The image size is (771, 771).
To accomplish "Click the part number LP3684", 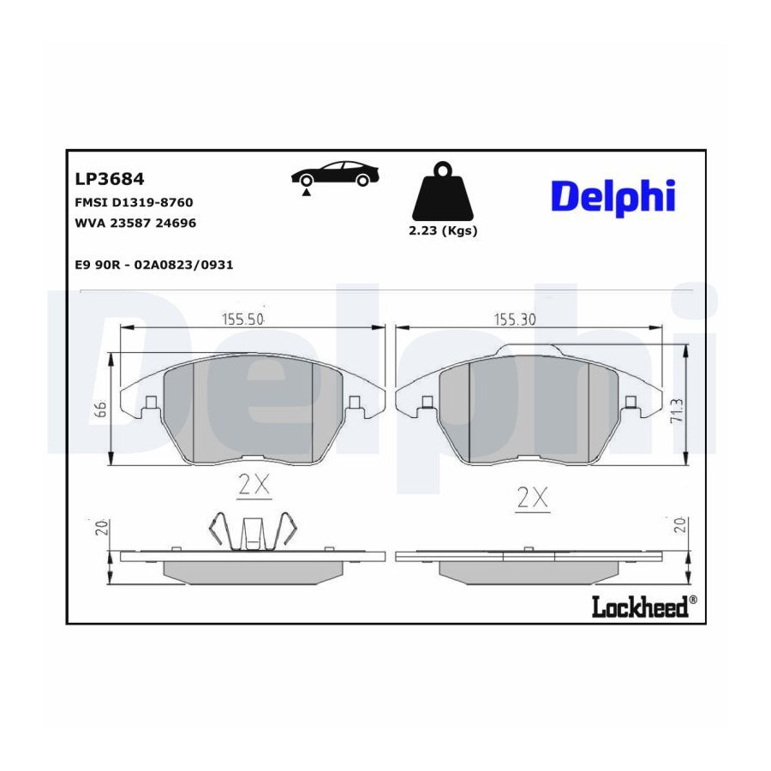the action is (109, 179).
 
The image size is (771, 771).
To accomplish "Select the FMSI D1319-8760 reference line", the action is (134, 202).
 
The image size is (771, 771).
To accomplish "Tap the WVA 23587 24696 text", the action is (135, 223).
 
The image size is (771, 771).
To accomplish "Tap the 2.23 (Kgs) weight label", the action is (443, 230).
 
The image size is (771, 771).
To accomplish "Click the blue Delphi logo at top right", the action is (613, 198).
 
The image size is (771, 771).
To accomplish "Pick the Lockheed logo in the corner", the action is (644, 607).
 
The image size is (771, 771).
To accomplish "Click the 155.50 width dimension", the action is (243, 320).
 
